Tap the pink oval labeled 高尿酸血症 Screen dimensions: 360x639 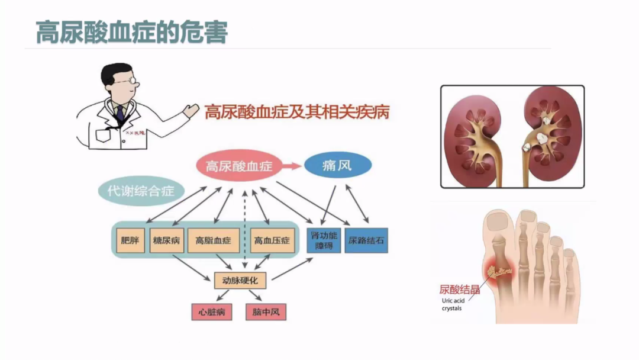point(238,166)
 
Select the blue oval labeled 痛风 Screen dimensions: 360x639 point(338,165)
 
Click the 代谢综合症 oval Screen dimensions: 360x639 point(141,191)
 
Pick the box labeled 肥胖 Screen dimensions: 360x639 point(130,240)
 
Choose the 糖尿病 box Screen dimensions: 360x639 point(167,240)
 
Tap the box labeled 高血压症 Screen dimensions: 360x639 point(272,240)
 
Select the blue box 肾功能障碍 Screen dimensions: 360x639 point(324,240)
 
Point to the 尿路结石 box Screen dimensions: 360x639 point(366,240)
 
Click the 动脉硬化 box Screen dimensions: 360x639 point(240,279)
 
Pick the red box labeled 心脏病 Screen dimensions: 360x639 point(211,311)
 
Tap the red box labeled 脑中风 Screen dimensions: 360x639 point(266,311)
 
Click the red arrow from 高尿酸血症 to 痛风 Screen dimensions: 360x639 point(291,166)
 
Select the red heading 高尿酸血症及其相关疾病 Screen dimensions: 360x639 point(297,112)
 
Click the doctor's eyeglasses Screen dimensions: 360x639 point(132,81)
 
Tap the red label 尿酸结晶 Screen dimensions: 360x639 point(459,290)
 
